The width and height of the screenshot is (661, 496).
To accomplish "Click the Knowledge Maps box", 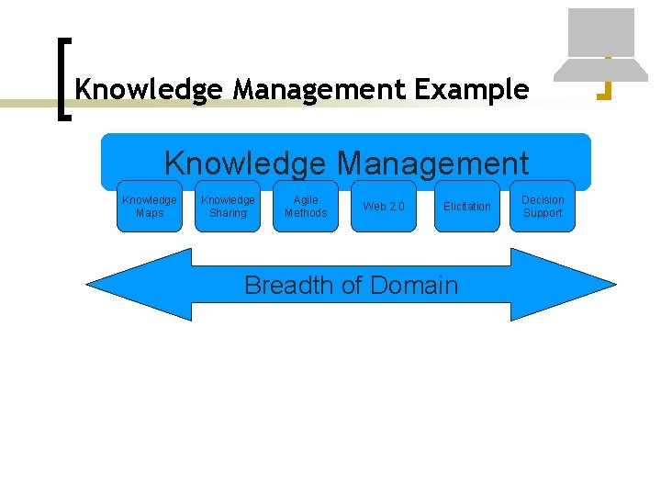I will (150, 206).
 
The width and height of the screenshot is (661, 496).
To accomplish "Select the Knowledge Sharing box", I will (228, 206).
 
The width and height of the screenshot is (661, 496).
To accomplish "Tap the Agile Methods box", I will (306, 206).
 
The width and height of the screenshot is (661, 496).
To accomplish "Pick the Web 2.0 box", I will (383, 206).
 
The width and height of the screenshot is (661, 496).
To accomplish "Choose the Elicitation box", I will (466, 206).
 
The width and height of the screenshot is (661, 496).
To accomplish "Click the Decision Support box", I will (543, 206).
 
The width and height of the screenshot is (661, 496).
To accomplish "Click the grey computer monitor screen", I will (601, 32).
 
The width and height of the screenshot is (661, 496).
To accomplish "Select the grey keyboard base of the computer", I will (601, 70).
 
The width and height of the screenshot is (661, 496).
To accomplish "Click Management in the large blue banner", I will (432, 163).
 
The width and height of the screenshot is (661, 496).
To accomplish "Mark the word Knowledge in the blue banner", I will (244, 163).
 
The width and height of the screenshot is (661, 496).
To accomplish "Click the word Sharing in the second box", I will (228, 213).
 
